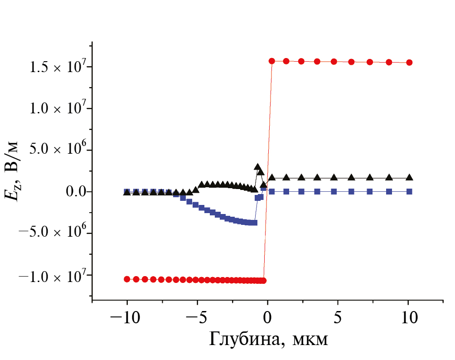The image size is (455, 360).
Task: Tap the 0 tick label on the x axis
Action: (x=267, y=317)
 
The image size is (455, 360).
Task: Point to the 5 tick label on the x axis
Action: (x=338, y=317)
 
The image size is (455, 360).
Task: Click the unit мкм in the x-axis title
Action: (x=311, y=339)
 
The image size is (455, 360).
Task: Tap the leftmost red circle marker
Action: (x=127, y=279)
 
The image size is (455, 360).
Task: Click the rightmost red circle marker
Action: (x=409, y=63)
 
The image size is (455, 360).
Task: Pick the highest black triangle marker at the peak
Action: (x=257, y=167)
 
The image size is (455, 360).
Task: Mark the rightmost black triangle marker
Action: (x=409, y=178)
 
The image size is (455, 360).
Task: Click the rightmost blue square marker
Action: (x=409, y=192)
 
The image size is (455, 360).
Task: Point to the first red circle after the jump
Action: (x=272, y=61)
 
